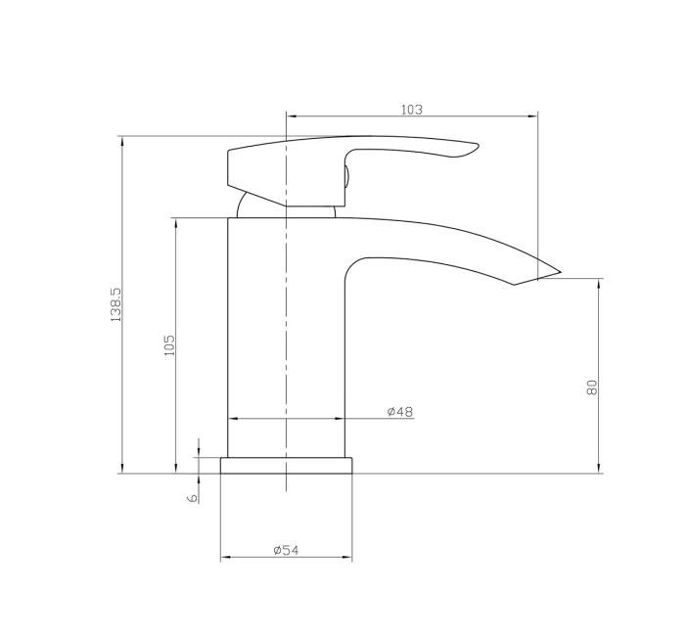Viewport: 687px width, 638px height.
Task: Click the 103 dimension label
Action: (412, 110)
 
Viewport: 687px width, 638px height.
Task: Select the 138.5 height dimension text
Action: (116, 305)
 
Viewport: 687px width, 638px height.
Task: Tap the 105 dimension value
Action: (169, 345)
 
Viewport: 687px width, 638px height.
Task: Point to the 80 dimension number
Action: (591, 387)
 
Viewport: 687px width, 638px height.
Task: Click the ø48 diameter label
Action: (400, 411)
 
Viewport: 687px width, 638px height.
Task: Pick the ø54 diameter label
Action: (286, 550)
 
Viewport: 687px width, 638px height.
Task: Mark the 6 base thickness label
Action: (193, 498)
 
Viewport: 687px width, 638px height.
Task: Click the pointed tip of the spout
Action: (561, 272)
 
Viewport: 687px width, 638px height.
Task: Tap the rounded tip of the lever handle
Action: (477, 147)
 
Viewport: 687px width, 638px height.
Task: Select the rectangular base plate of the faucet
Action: (286, 466)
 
